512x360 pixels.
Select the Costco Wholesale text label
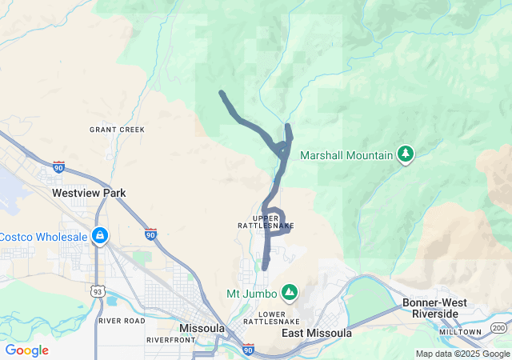(42, 237)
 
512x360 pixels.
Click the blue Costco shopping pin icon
(100, 237)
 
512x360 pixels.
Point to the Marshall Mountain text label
(346, 155)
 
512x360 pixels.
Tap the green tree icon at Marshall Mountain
(406, 154)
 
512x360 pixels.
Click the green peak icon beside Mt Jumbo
(289, 292)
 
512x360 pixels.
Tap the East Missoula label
(317, 333)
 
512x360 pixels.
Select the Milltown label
(464, 331)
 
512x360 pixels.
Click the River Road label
(122, 321)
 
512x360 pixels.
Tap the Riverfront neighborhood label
(170, 340)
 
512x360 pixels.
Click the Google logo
(26, 350)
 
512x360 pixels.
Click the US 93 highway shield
(97, 290)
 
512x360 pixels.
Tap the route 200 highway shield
(499, 328)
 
